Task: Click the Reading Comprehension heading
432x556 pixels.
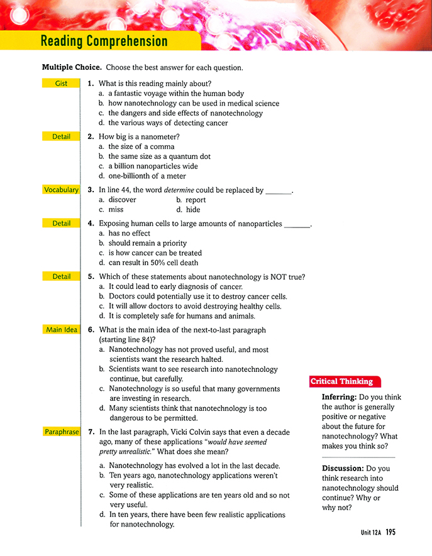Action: click(x=104, y=41)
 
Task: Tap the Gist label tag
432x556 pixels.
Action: click(x=61, y=83)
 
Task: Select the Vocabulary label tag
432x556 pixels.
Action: click(x=61, y=190)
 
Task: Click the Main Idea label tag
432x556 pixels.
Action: click(x=61, y=329)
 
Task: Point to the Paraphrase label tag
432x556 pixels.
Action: click(x=61, y=432)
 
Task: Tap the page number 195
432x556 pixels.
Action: click(x=390, y=532)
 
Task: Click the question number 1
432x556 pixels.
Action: click(x=91, y=84)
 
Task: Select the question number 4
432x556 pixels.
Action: click(x=91, y=223)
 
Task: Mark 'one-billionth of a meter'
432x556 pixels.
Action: click(x=148, y=176)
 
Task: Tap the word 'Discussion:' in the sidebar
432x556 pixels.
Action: click(x=342, y=468)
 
